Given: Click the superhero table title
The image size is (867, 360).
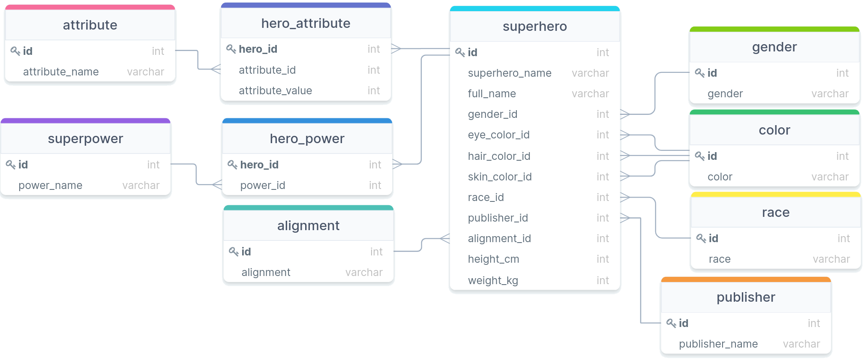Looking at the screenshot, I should pos(534,27).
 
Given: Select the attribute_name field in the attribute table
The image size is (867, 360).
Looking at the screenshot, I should pos(61,72).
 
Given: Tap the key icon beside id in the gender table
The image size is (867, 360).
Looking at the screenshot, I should pos(699,73).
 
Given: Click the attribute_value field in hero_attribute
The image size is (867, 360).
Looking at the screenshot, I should pos(275,90).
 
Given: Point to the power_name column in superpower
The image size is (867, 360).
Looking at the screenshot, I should pos(50,185).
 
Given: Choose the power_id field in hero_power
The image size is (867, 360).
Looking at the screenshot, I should pos(262,185).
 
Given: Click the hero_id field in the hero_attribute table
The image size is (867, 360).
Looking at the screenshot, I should pos(258,49).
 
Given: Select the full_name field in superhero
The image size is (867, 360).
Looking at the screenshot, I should pos(492,93).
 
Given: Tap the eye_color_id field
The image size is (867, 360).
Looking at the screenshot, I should pos(498,135).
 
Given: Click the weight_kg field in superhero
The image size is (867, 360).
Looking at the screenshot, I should pos(493,280).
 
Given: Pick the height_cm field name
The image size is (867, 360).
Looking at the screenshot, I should pos(493,259).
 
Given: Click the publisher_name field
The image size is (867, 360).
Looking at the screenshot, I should pos(718,344).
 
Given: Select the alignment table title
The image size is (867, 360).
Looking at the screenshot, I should pos(308,225).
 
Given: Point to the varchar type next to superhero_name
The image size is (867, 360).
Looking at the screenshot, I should pos(590,73).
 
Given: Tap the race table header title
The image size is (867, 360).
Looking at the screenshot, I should pos(775,212).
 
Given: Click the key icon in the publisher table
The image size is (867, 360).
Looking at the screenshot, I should pos(671,323).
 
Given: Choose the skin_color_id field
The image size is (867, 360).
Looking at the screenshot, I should pos(499,177).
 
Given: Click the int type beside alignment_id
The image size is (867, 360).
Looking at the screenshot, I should pos(603,238).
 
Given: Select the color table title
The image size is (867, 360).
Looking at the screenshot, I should pos(774,130).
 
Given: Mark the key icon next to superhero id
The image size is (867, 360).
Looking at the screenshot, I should pos(460,52).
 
